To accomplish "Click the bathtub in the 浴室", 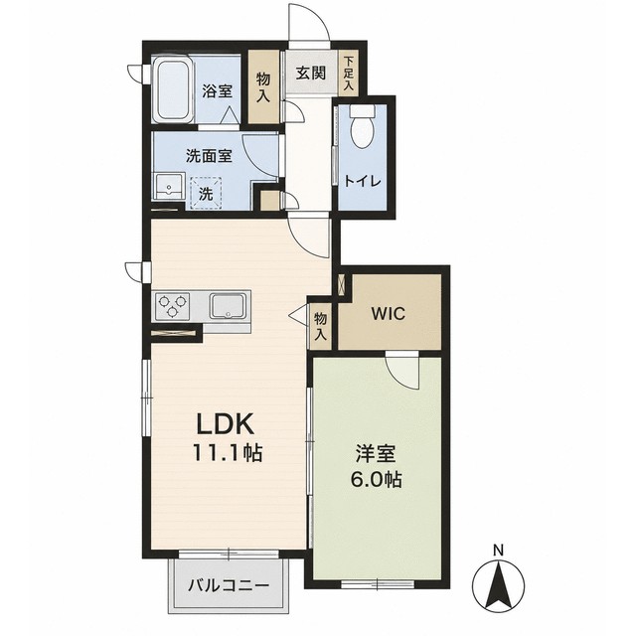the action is coord(173,90).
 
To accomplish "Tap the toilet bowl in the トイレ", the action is coord(362,127).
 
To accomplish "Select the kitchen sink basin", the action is coord(228,306).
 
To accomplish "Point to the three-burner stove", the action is coord(172,305).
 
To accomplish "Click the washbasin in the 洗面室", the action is coord(169,186).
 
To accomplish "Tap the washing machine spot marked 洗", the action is coord(206,193).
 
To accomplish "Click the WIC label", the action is coord(389,313).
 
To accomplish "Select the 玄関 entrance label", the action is coord(311,74).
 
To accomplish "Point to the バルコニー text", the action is coord(230,585).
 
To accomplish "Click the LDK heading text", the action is coord(226,424).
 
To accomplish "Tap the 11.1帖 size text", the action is coord(228,452).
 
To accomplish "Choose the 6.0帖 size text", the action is coord(377,480).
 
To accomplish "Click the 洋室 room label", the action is coord(376,453).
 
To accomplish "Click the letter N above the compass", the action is coord(499,551).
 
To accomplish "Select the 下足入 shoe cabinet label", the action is coord(349,73).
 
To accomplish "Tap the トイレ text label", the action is coord(363,181).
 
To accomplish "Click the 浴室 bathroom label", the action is coord(218,91).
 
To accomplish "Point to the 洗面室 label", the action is coord(209,156).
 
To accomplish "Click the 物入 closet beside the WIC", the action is coord(320,326).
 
